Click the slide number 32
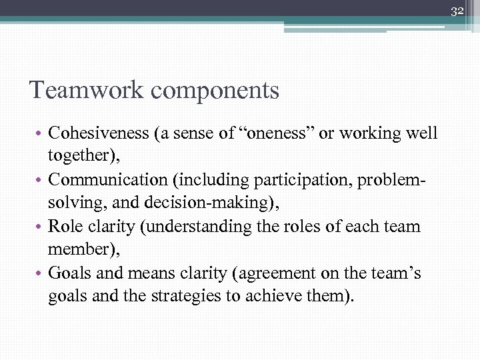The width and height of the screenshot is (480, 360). click(x=457, y=11)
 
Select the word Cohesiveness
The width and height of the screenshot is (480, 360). click(x=99, y=133)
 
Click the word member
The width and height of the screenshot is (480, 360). click(x=74, y=249)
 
